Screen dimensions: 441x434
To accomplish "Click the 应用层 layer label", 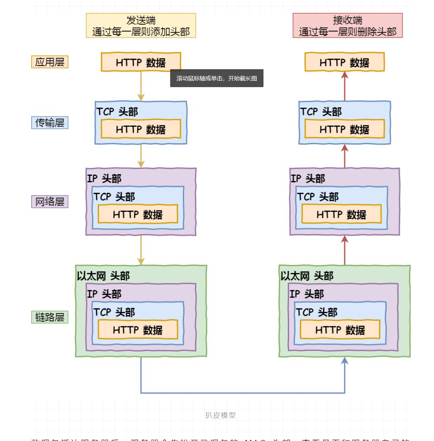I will pos(50,62).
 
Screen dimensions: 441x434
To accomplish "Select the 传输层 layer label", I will pos(50,123).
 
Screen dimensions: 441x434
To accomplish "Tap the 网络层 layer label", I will pos(50,201).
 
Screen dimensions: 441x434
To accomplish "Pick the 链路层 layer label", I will pos(50,317).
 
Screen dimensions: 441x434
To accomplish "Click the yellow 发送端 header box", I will pos(141,25).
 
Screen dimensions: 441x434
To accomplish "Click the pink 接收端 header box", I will pos(347,25).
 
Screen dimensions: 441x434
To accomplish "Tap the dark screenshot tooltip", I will pos(216,78).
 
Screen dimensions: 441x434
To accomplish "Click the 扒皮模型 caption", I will pos(220,415).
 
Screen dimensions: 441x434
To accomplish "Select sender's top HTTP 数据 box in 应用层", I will pos(141,62).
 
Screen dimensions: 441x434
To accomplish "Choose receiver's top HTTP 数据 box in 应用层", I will pos(345,62).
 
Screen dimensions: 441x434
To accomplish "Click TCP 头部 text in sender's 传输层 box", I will pos(117,112).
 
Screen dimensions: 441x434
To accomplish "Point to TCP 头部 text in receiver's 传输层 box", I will pos(321,112).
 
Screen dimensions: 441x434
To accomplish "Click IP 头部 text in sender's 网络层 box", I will pos(104,178).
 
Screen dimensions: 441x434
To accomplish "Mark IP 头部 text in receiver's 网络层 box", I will pos(308,178).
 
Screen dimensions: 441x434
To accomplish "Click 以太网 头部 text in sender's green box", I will pos(103,276).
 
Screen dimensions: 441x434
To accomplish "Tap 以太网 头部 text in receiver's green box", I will pos(307,276).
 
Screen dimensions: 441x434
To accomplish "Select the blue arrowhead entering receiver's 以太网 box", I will pos(345,361).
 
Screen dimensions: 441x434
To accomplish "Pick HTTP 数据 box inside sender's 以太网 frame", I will pos(138,329).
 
